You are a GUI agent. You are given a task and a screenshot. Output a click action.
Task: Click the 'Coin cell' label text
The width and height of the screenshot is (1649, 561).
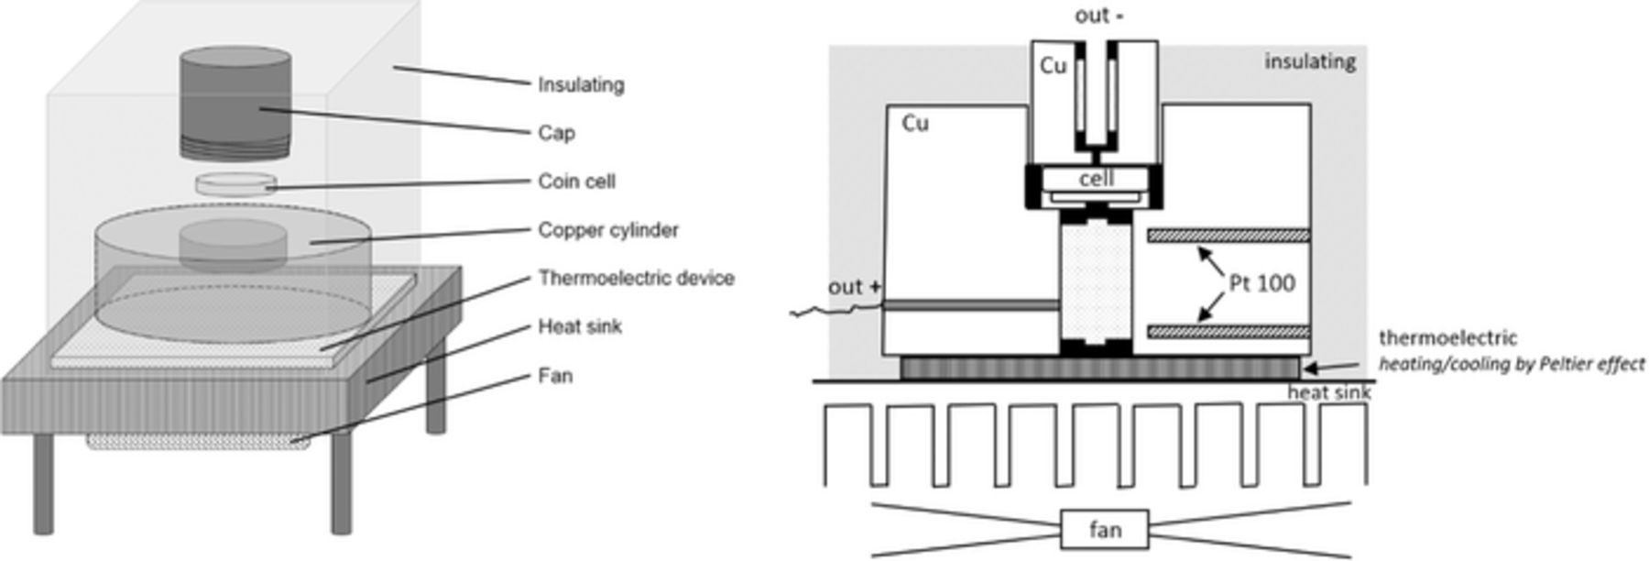coord(576,181)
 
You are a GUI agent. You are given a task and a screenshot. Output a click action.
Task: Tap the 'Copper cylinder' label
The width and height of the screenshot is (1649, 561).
coord(608,230)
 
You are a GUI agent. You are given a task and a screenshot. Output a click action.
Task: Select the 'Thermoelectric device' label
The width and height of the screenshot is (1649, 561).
coord(636,278)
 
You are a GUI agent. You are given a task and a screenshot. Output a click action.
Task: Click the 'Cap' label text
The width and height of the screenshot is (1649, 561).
coord(556,133)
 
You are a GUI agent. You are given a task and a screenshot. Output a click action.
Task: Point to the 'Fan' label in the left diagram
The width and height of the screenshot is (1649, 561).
coord(555,376)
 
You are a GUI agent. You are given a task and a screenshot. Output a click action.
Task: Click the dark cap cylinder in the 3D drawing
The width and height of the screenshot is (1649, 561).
coord(235,101)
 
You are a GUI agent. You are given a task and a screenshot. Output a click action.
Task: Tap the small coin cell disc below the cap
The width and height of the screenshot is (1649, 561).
coord(235,183)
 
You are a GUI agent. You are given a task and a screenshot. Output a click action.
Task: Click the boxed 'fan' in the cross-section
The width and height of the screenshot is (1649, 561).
coord(1105,530)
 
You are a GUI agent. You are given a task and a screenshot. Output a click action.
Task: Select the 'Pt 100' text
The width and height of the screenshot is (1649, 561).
coord(1262,283)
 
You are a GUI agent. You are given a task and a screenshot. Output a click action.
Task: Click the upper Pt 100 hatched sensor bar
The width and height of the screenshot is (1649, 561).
coord(1228,236)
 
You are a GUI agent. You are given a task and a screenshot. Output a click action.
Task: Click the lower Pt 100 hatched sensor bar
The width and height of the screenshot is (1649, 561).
coord(1228,332)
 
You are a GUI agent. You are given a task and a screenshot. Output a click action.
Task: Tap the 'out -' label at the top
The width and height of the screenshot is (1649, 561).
coord(1098,16)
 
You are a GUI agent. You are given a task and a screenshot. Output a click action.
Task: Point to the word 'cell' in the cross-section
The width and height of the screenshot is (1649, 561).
coord(1096,179)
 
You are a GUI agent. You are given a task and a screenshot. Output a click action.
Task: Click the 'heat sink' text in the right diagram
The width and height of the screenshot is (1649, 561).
coord(1328,393)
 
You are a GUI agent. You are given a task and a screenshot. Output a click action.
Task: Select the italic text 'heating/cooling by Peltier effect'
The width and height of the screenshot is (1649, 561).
coord(1512,364)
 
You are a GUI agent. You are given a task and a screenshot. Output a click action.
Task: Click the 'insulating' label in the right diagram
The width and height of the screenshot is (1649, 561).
coord(1310,61)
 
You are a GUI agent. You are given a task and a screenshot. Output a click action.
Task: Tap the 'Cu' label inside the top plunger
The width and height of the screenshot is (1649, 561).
coord(1054,66)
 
